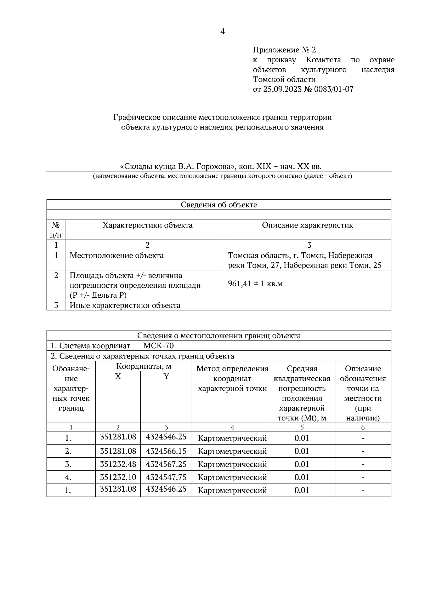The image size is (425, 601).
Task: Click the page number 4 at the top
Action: (x=222, y=32)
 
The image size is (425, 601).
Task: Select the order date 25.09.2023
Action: (x=282, y=89)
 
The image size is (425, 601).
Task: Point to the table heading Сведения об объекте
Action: (x=219, y=205)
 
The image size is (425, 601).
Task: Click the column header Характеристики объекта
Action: (x=147, y=225)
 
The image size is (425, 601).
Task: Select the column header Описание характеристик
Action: (x=307, y=225)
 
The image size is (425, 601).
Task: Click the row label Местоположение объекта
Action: (x=117, y=256)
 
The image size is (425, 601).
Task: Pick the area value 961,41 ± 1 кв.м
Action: (x=255, y=284)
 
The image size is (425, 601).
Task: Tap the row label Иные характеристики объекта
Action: (x=125, y=305)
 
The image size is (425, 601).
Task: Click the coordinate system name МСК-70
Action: (x=158, y=346)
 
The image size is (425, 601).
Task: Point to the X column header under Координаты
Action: (x=118, y=377)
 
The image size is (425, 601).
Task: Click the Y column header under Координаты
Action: (x=166, y=377)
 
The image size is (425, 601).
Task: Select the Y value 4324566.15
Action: (x=166, y=451)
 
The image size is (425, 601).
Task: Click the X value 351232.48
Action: (x=118, y=464)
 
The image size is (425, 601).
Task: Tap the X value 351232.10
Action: (x=118, y=477)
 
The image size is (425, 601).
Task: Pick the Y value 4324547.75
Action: (x=166, y=477)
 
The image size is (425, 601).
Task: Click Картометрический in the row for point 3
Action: (x=232, y=464)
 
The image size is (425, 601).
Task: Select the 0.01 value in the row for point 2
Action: (x=302, y=451)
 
